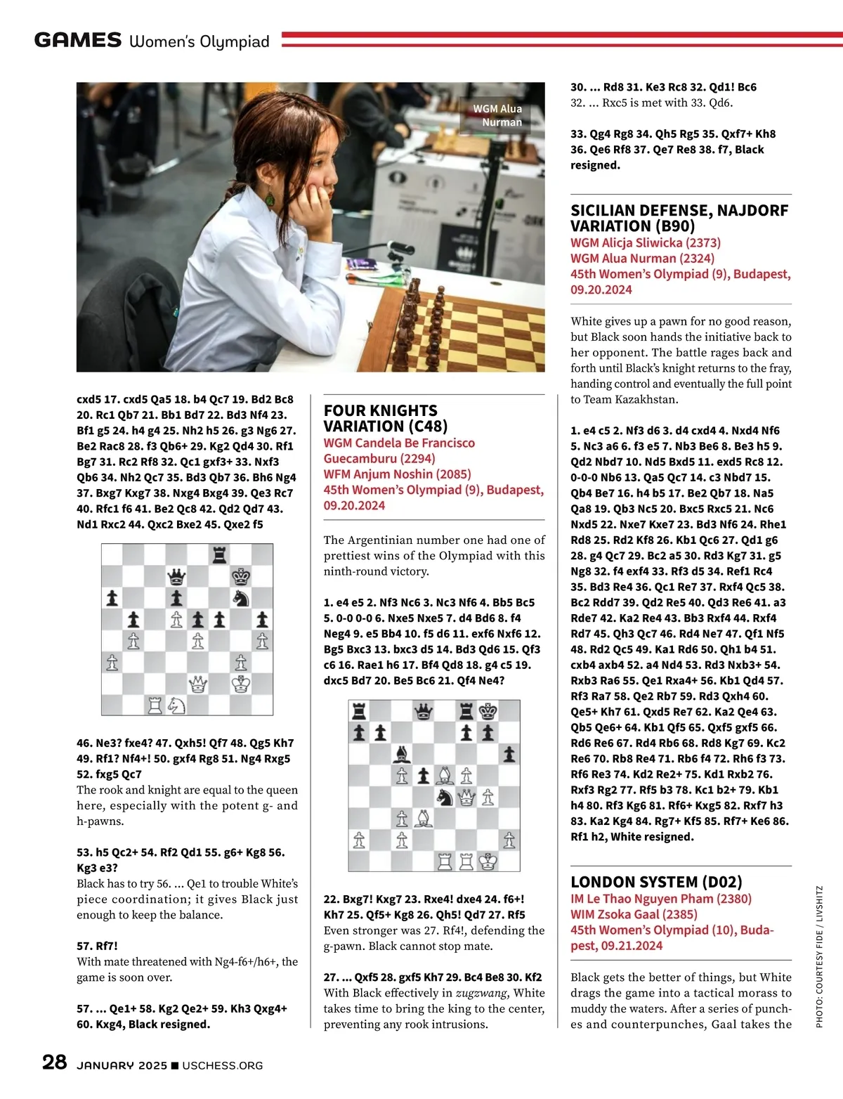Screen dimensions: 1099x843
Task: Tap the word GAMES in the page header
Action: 78,40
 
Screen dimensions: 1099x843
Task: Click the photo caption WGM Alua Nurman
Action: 497,115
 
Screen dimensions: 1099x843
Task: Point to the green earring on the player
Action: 270,200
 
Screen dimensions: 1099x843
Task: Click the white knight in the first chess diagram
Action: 176,704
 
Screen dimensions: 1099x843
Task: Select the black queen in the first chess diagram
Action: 176,577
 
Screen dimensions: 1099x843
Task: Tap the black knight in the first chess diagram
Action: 241,598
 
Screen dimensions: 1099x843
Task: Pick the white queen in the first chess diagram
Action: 198,683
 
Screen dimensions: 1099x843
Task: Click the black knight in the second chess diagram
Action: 445,797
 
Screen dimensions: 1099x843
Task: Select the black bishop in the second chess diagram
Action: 402,755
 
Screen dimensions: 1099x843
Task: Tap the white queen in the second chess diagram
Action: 466,797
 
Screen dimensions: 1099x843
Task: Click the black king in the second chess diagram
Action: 488,711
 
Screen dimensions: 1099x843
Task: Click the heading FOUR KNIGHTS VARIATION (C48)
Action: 380,418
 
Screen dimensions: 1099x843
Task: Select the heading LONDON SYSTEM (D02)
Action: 656,882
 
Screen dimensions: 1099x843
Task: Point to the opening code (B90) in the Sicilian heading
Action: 672,226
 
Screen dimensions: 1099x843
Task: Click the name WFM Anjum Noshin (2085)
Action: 397,474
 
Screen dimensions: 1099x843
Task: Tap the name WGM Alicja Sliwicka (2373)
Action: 645,242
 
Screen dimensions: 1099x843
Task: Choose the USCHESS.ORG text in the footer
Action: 222,1065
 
